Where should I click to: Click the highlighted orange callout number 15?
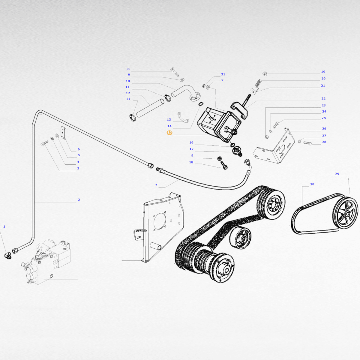click(169, 133)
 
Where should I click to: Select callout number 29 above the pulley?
click(337, 174)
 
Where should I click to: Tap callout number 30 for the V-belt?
click(312, 184)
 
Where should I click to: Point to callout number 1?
click(4, 226)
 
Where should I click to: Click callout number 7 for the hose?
click(156, 185)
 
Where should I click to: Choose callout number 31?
click(223, 74)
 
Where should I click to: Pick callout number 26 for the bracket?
click(324, 128)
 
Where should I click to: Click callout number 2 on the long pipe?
click(79, 199)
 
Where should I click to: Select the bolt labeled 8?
click(175, 72)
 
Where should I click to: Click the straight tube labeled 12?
click(150, 108)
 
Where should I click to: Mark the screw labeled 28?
click(307, 143)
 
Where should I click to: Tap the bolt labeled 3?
click(44, 144)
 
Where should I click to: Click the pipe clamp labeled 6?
click(63, 133)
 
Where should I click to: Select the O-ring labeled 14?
click(201, 104)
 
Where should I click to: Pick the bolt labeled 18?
click(224, 166)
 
